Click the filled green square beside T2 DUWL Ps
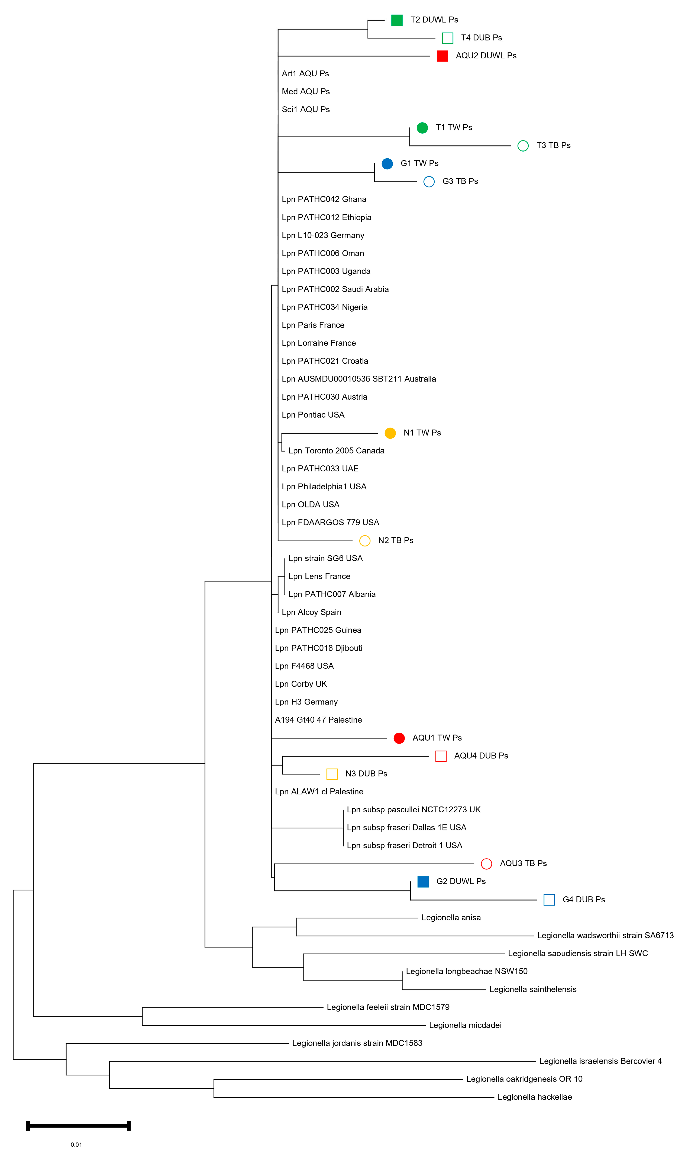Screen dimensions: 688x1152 tap(397, 20)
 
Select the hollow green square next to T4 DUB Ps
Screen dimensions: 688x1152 tap(447, 38)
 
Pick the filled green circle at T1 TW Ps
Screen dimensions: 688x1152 tap(422, 127)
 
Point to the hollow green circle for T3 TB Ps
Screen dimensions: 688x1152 tap(523, 146)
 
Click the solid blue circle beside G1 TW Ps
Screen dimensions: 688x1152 tap(387, 163)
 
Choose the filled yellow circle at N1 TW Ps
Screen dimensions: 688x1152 tap(390, 433)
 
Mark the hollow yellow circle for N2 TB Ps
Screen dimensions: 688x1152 tap(365, 540)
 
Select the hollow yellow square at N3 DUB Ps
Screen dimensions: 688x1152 tap(332, 774)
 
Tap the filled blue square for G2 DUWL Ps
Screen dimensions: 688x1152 tap(423, 882)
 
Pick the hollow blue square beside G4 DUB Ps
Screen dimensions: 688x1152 tap(549, 900)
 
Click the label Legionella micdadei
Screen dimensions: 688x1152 tap(465, 1025)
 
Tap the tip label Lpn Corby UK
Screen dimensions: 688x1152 tap(301, 684)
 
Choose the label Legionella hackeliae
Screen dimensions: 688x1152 tap(535, 1097)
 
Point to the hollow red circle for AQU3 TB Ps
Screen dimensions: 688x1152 tap(486, 863)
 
